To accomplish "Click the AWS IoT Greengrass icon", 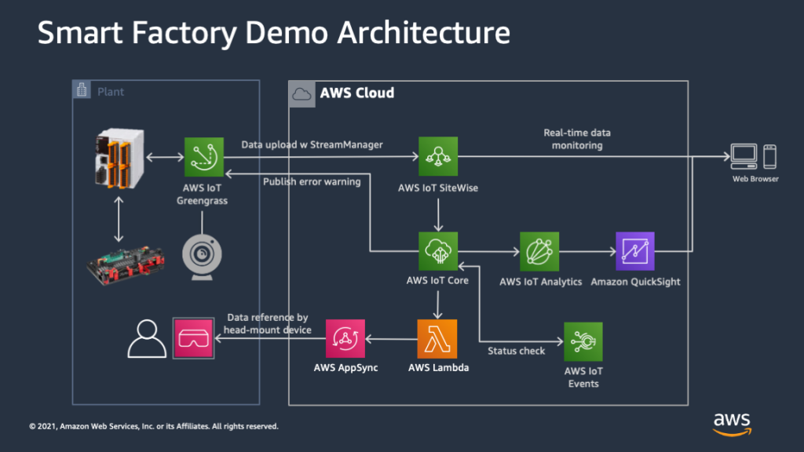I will click(x=204, y=157).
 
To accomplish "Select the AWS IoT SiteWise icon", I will click(x=437, y=157).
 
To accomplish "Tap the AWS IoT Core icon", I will click(x=437, y=251).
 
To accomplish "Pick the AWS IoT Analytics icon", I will click(x=539, y=251).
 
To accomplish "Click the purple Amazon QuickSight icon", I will click(x=634, y=251).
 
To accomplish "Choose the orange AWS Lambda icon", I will click(x=437, y=338).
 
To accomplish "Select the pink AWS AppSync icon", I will click(x=345, y=338).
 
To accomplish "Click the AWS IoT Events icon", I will click(x=583, y=341).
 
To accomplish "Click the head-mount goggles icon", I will click(x=193, y=338).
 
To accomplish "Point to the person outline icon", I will click(x=145, y=338).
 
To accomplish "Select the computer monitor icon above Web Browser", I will click(x=744, y=157).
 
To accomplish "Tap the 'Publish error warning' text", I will click(x=311, y=182).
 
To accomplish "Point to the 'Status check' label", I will click(x=516, y=351).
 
